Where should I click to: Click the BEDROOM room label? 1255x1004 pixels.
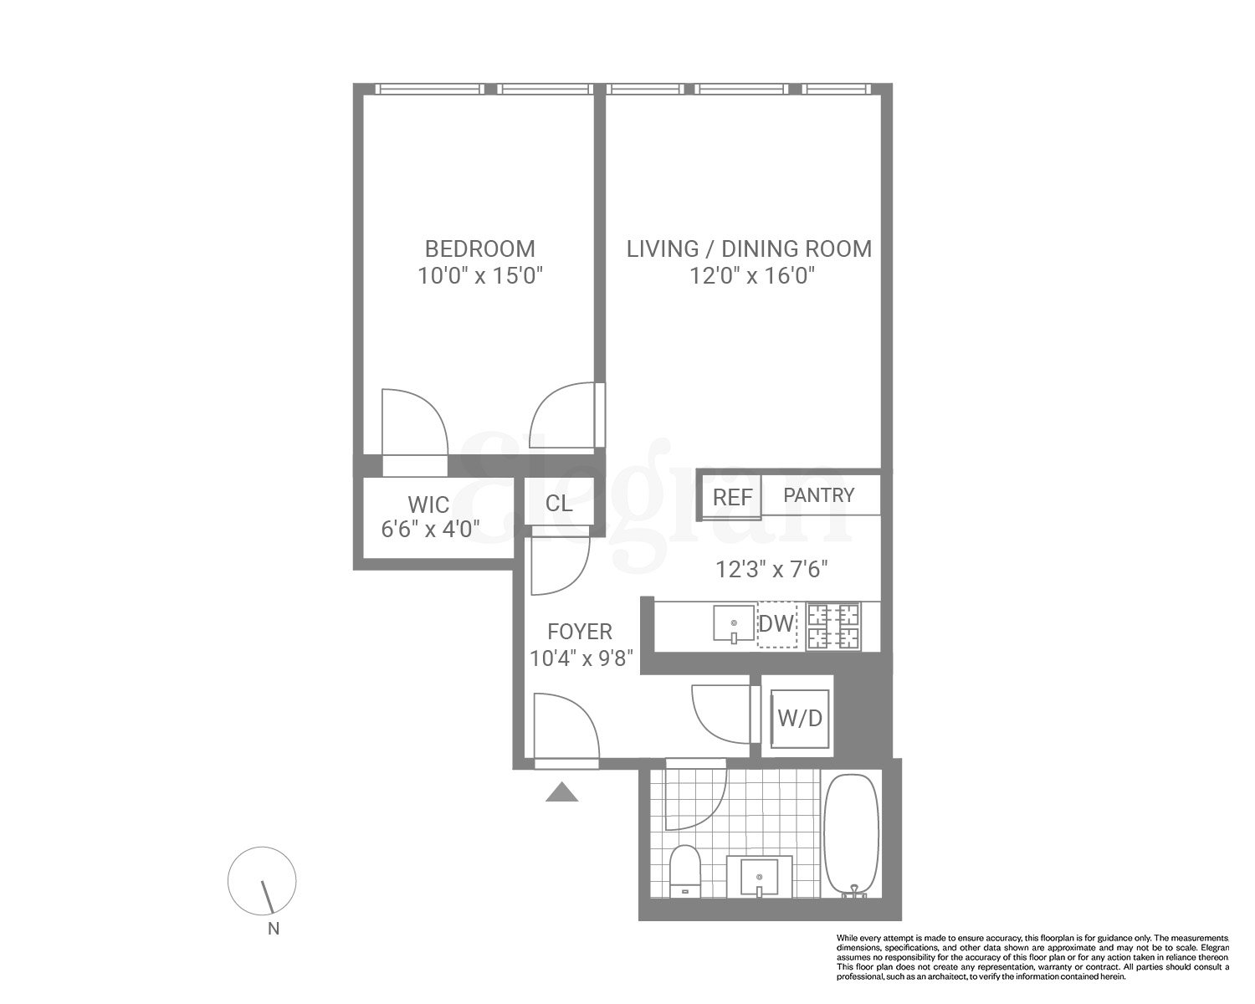[x=479, y=248]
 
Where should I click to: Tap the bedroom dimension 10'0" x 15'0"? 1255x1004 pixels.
[x=480, y=276]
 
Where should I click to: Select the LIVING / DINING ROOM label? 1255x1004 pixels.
[x=749, y=248]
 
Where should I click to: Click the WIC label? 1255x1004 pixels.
[x=428, y=505]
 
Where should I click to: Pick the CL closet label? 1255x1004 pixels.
[x=558, y=503]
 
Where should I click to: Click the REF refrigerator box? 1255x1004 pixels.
[x=732, y=497]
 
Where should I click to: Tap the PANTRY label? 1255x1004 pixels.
[x=818, y=495]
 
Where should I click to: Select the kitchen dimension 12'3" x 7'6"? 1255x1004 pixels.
[x=771, y=570]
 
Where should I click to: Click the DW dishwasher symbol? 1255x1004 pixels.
[x=776, y=624]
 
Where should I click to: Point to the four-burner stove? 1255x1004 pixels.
[x=832, y=627]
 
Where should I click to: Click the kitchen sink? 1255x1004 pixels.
[x=734, y=625]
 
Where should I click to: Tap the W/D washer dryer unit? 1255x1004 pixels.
[x=800, y=718]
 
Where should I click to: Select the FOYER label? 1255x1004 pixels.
[x=579, y=631]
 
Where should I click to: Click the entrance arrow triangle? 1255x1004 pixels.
[x=562, y=792]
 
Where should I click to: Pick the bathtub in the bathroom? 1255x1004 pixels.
[x=852, y=837]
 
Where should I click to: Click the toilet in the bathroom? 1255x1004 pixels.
[x=684, y=870]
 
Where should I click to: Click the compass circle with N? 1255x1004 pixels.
[x=262, y=880]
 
